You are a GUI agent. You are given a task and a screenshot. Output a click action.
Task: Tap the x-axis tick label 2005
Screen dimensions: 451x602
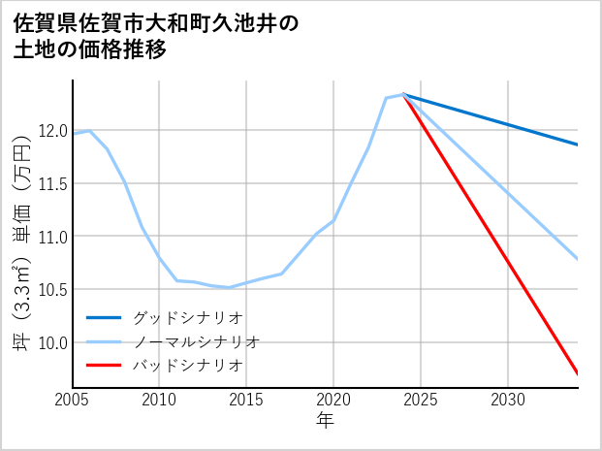point(73,400)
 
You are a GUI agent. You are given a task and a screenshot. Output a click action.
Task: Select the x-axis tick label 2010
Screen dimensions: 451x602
point(159,400)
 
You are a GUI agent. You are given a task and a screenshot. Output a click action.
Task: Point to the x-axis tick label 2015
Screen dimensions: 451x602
point(246,400)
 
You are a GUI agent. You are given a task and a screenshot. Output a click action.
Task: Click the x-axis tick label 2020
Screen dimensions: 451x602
point(333,400)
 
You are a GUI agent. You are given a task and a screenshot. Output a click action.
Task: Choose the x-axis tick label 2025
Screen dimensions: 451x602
point(421,400)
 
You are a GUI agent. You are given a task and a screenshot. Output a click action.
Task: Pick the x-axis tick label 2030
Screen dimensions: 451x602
point(508,400)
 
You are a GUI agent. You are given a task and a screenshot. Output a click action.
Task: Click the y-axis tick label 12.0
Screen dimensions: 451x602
point(51,131)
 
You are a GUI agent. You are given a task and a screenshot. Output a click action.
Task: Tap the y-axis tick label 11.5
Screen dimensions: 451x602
point(51,183)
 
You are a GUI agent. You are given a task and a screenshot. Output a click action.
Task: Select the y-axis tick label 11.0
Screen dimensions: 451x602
point(51,237)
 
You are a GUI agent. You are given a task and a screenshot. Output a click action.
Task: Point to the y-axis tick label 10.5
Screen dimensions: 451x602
point(51,289)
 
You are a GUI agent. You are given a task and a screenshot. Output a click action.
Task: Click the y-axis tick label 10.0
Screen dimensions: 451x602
point(51,342)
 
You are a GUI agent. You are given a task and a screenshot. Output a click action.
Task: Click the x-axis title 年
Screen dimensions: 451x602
point(325,421)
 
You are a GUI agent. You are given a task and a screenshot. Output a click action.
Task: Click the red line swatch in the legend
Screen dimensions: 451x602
point(104,366)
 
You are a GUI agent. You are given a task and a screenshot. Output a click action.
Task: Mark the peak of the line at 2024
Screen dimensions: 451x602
point(403,94)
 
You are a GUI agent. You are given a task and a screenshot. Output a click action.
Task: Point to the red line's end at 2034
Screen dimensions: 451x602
point(578,373)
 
